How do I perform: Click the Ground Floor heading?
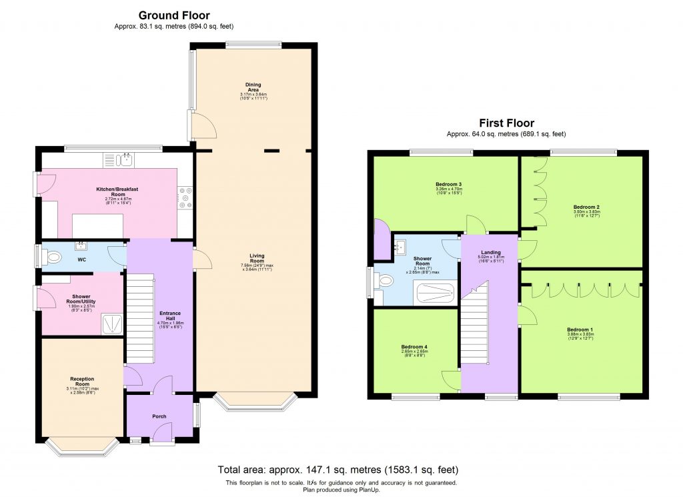point(174,15)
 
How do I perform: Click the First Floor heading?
point(506,123)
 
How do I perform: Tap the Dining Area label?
point(253,85)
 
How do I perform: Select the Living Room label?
point(257,255)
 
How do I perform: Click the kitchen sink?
point(119,159)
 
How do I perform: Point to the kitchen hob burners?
point(185,197)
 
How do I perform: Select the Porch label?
point(159,416)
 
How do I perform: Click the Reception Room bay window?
point(83,448)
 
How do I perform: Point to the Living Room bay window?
point(256,402)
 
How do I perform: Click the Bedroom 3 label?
point(449,184)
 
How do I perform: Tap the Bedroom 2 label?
point(582,207)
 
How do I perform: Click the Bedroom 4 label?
point(414,346)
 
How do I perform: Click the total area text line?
point(338,470)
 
